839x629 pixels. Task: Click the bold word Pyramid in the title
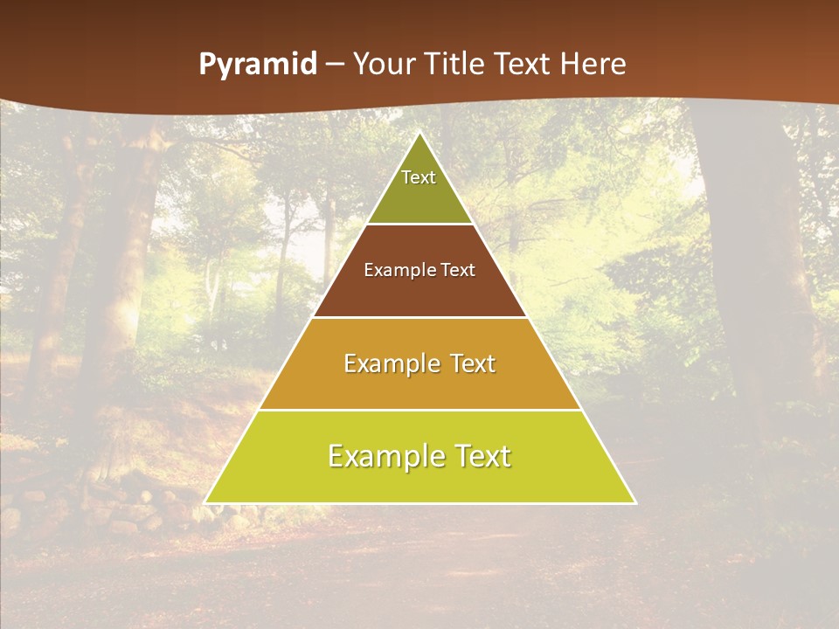258,64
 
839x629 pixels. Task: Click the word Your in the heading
384,64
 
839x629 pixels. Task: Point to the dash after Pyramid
333,65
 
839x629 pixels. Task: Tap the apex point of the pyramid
419,133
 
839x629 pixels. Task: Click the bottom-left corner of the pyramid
206,502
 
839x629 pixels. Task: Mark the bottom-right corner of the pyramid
634,502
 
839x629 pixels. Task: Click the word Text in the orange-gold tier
473,363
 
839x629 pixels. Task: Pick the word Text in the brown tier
458,270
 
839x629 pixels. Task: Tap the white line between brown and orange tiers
419,317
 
